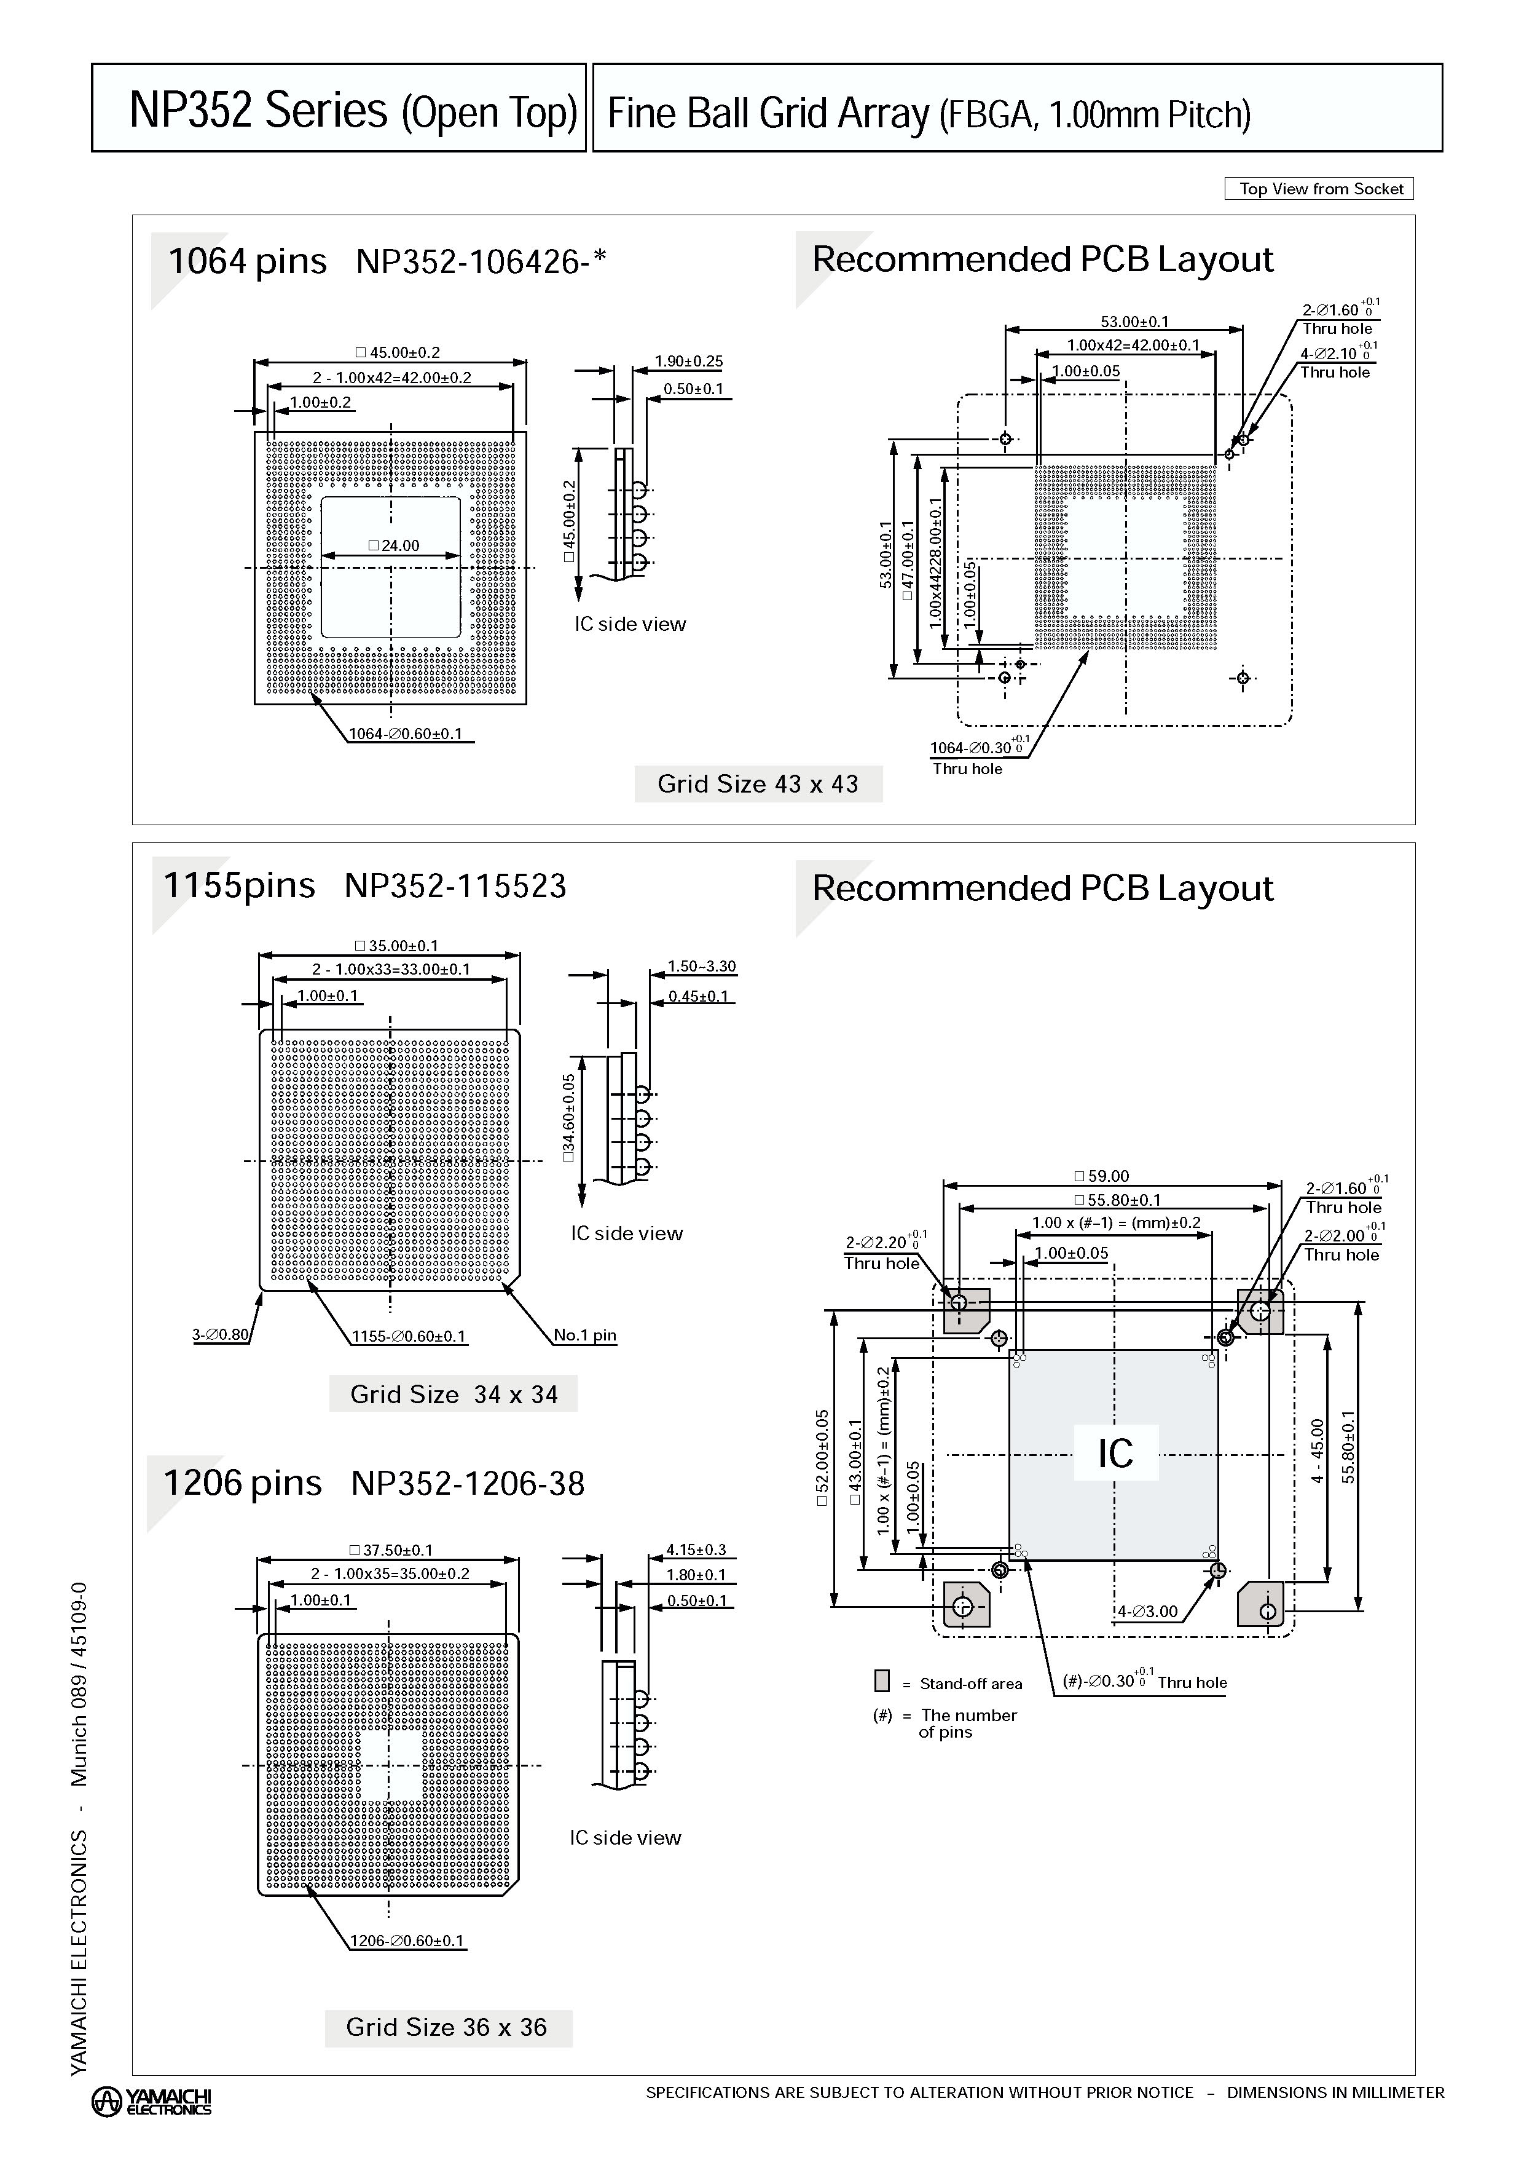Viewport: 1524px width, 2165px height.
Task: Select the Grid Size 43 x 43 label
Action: click(x=758, y=783)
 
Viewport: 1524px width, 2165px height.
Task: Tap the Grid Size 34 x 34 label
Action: click(x=454, y=1394)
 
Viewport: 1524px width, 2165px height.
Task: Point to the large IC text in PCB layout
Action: click(x=1115, y=1453)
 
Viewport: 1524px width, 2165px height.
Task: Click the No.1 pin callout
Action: click(x=584, y=1334)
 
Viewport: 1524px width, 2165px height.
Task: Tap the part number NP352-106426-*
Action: click(x=481, y=261)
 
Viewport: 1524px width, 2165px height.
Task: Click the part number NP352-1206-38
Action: click(x=468, y=1483)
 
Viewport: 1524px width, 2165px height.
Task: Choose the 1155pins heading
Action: click(x=240, y=885)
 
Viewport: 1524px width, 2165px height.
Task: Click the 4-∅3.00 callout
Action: click(x=1147, y=1612)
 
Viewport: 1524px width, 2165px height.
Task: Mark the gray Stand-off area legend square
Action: click(x=882, y=1681)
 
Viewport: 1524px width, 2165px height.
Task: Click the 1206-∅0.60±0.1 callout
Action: click(x=407, y=1941)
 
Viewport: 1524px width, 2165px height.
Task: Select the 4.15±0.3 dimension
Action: click(x=696, y=1550)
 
